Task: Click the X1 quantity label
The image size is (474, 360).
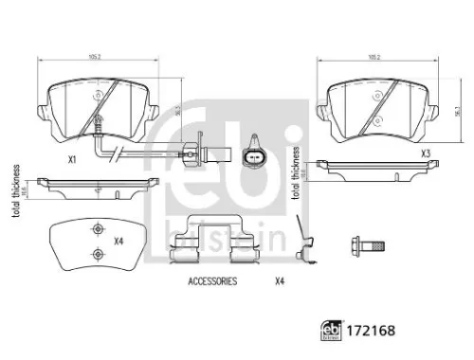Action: [71, 161]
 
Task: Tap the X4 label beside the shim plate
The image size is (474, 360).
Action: [119, 243]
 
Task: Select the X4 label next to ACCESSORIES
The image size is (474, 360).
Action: [280, 281]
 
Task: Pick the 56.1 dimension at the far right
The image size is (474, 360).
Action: [458, 109]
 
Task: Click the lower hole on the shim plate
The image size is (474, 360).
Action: [96, 252]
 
